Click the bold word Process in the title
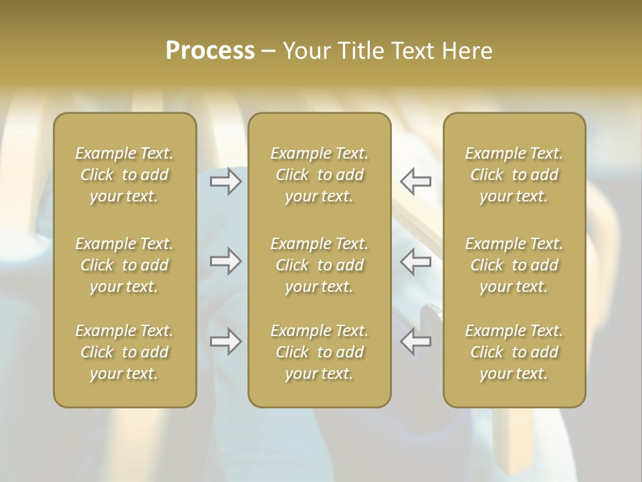pos(210,51)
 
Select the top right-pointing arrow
pos(225,181)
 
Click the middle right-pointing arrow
pos(225,261)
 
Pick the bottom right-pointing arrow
pos(225,341)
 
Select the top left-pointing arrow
pos(416,181)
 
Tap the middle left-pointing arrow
pos(416,261)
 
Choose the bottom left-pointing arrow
pos(416,341)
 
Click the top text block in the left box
pos(124,175)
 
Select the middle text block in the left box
pos(124,265)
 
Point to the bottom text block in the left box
pos(124,352)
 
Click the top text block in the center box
pos(319,175)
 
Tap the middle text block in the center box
pos(319,265)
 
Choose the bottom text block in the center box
pos(319,352)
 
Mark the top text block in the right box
pos(514,175)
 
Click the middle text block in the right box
pos(514,265)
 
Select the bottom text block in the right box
pos(514,352)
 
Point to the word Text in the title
pos(412,51)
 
